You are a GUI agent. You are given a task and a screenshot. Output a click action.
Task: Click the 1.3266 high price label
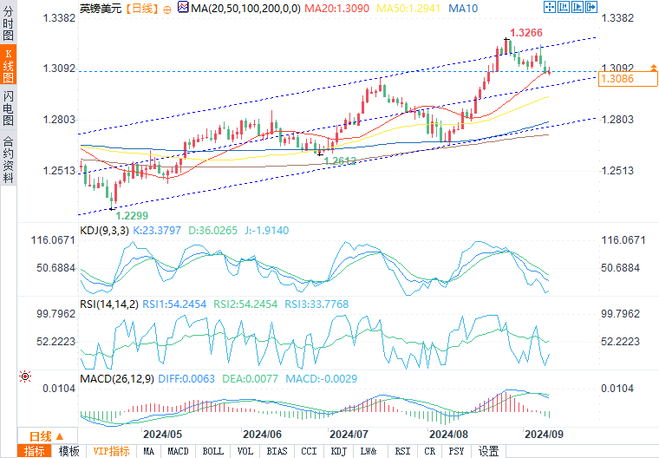[527, 33]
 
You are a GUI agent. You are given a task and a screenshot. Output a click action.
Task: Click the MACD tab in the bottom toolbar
[178, 451]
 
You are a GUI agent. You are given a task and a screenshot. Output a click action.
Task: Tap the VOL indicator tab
[245, 451]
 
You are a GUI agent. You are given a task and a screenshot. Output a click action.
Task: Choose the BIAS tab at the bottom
[277, 451]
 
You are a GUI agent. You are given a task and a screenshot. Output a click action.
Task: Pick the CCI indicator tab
[309, 451]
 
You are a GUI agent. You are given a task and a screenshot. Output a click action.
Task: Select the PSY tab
[456, 451]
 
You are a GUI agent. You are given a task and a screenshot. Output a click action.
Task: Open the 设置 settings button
[489, 451]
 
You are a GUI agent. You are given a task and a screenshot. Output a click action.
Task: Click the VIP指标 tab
[111, 451]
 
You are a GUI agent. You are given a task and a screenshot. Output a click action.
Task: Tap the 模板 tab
[69, 451]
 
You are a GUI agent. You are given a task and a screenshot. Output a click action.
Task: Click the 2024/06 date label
[262, 434]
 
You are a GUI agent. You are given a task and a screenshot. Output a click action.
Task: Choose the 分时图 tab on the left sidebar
[8, 26]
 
